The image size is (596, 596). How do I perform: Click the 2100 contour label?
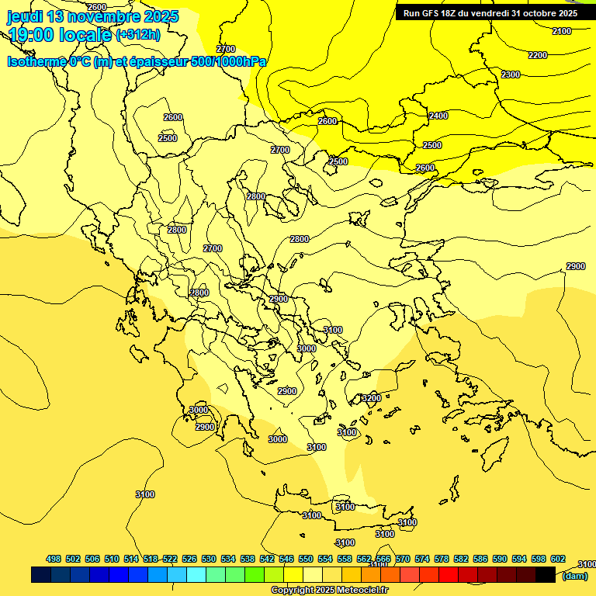[x=561, y=31]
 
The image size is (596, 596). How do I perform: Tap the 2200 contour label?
[x=537, y=55]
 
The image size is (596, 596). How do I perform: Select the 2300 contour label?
[x=510, y=74]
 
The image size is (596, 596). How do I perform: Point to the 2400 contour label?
[x=438, y=116]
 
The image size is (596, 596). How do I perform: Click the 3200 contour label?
[x=371, y=398]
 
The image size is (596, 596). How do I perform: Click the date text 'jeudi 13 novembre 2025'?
[x=93, y=16]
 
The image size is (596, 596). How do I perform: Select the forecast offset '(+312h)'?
[x=137, y=35]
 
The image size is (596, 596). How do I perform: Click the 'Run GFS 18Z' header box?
[x=490, y=13]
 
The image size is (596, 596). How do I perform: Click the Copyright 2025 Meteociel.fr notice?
[x=329, y=591]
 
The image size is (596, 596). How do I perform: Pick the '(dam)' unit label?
[x=575, y=576]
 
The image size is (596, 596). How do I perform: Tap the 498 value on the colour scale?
[x=54, y=560]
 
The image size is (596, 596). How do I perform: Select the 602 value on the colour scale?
[x=557, y=560]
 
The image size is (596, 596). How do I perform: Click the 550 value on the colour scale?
[x=306, y=560]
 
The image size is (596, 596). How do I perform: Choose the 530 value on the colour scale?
[x=209, y=560]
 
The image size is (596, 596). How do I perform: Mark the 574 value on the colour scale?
[x=422, y=560]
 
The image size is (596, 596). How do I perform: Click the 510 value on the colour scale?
[x=112, y=560]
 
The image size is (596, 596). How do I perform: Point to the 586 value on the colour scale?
[x=480, y=560]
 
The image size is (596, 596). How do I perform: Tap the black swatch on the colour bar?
[x=546, y=575]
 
